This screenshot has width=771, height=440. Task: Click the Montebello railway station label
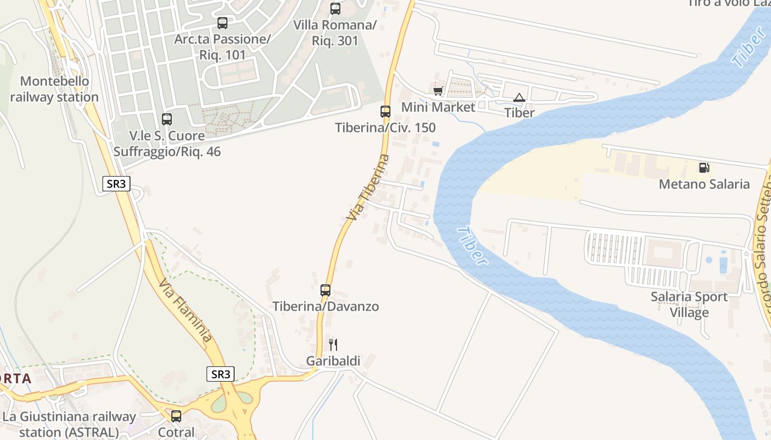54,89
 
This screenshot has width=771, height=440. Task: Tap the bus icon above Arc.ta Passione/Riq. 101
222,23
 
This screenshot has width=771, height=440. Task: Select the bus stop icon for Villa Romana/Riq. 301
335,9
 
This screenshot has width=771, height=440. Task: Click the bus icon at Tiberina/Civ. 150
385,112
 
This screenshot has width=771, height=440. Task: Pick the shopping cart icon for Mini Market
438,91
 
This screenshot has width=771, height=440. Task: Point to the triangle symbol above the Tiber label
519,98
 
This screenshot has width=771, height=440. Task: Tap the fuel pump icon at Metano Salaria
704,168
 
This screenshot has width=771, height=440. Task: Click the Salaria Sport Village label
689,305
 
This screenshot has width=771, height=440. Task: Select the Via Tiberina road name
368,188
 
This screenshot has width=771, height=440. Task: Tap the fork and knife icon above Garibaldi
333,345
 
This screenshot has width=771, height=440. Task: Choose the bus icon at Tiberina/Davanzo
325,290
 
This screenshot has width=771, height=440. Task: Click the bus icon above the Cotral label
176,416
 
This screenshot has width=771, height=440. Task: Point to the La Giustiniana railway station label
69,424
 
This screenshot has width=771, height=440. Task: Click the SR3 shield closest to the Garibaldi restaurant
221,374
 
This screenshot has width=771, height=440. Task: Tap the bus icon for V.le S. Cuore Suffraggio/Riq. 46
166,119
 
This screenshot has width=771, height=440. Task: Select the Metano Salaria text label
704,184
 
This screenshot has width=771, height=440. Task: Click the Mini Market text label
438,107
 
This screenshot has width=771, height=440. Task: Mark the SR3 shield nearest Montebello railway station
116,184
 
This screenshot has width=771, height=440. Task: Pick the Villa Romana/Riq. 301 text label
335,32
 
